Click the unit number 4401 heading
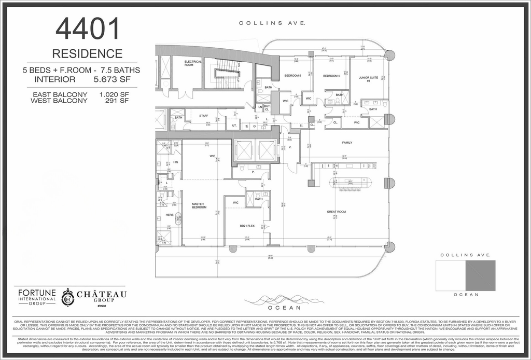[x=88, y=29]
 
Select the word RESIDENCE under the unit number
[x=87, y=53]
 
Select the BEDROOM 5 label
[x=293, y=76]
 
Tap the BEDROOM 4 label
[x=331, y=76]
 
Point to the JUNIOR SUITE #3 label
[x=368, y=79]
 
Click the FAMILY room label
[x=346, y=142]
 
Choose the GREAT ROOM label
[x=336, y=212]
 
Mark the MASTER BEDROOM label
[x=199, y=205]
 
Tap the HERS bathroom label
[x=169, y=215]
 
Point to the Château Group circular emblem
[x=68, y=297]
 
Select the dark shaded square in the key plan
[x=480, y=275]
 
